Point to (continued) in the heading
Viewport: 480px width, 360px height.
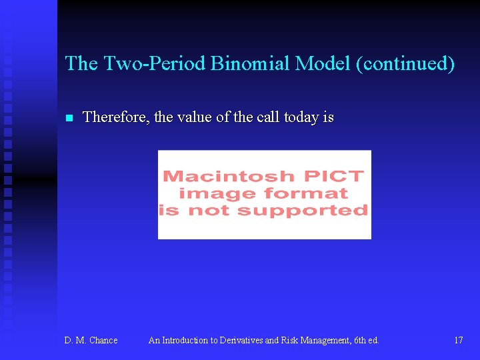point(405,64)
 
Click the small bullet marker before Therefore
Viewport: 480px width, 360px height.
point(68,119)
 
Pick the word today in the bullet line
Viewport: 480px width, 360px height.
point(301,117)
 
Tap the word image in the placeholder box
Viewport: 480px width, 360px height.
point(219,194)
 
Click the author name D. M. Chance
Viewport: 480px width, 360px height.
point(91,341)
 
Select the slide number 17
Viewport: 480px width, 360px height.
point(459,341)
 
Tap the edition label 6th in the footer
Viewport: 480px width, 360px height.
point(358,341)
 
